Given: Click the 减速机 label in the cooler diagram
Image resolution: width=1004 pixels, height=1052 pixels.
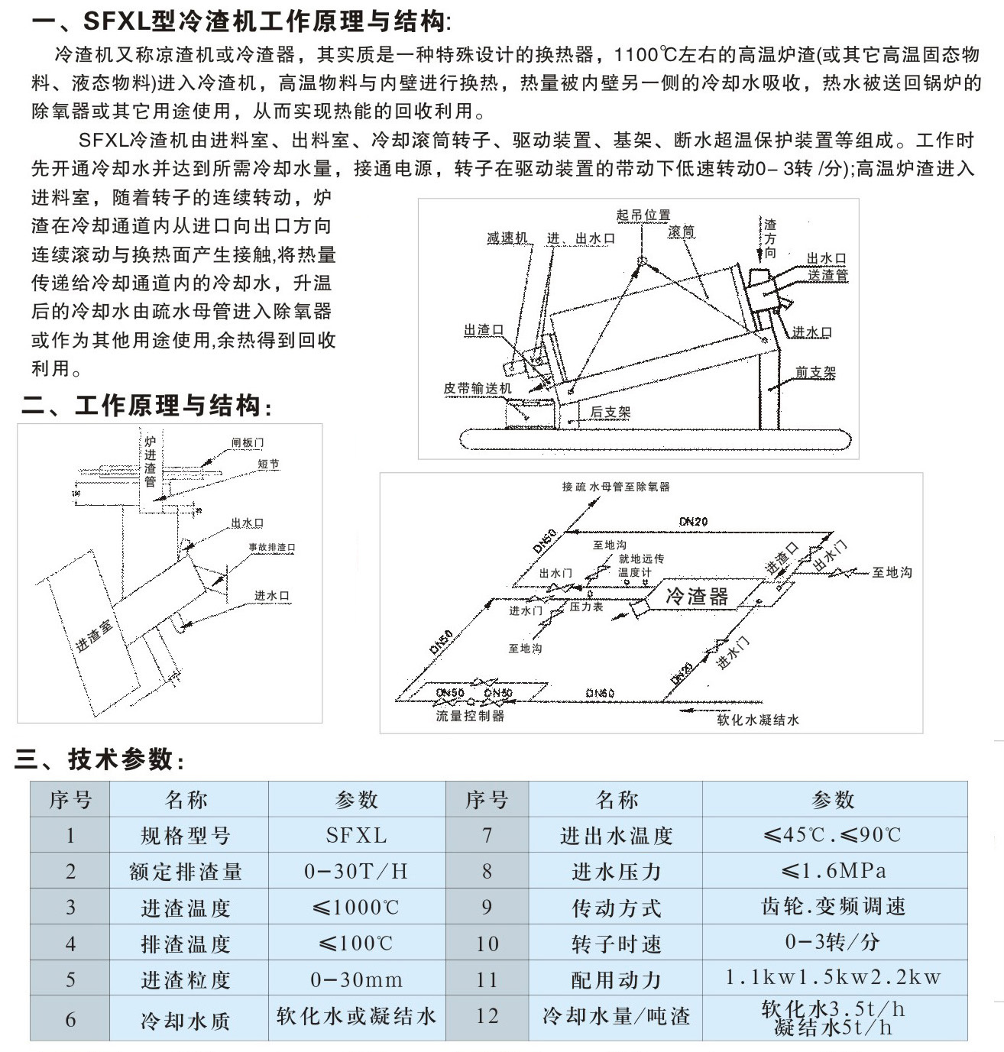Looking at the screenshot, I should coord(507,238).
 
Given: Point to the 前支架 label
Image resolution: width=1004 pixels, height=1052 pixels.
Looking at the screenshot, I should coord(815,372).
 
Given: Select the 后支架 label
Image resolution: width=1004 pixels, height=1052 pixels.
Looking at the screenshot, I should coord(610,412).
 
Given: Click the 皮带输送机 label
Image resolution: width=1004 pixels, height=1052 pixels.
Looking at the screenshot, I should coord(478,388).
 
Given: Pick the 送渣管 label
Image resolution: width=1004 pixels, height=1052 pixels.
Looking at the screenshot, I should coord(827,274).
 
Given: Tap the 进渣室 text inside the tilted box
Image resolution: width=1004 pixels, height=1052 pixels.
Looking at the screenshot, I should coord(94,635).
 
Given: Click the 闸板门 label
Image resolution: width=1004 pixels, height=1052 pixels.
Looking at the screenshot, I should coord(248,442).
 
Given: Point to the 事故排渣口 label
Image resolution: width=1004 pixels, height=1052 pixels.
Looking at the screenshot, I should coord(271,547).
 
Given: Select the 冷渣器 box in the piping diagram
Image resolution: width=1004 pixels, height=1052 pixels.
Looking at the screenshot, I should coord(697,596).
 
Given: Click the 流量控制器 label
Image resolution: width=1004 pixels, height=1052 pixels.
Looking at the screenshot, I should coord(470,716).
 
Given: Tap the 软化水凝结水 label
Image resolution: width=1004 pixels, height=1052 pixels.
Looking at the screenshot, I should coord(757,720).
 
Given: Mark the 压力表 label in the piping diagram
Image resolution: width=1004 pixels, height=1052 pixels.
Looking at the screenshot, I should coord(586,607).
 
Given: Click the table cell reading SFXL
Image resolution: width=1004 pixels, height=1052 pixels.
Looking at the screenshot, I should coord(356,835).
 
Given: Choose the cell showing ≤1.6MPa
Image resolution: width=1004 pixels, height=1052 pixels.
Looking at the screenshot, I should coord(834,871).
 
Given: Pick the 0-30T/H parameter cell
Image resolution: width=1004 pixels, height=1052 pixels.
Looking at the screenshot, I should coord(356,871).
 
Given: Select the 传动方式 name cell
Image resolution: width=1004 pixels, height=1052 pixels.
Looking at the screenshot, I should coord(616,908).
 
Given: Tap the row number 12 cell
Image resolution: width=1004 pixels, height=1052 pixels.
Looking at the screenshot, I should coord(487,1017).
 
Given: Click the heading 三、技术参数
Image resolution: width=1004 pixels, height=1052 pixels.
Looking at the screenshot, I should coord(99,759).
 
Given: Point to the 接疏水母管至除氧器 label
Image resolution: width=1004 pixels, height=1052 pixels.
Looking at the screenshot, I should coord(616,487).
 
